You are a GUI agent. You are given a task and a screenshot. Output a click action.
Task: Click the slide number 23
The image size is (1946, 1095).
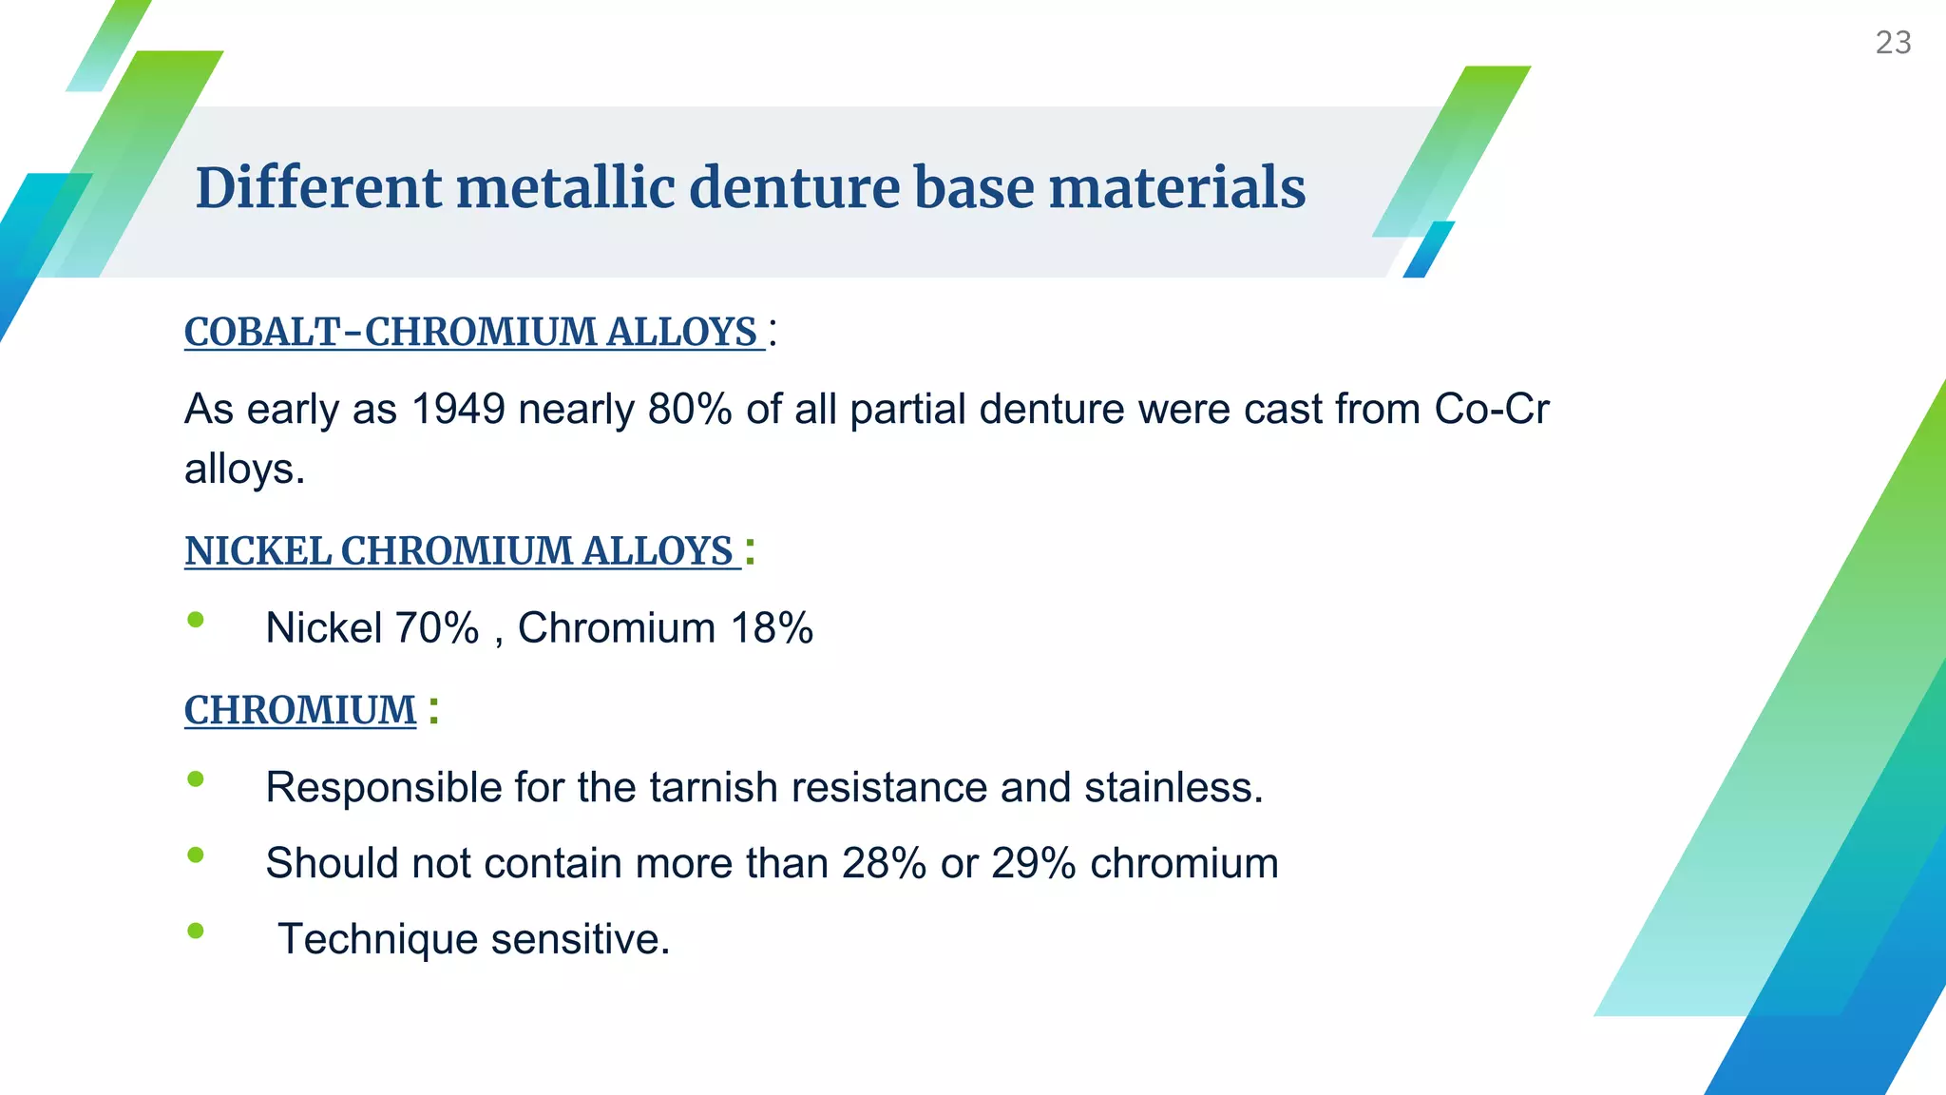tap(1893, 43)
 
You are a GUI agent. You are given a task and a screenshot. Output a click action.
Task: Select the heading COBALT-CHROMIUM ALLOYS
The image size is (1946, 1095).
tap(471, 332)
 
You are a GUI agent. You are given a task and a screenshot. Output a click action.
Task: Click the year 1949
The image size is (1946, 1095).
tap(458, 410)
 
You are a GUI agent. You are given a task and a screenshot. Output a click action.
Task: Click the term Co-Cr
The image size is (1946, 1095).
tap(1491, 410)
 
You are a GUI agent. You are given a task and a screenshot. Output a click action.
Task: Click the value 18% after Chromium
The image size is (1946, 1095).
tap(772, 628)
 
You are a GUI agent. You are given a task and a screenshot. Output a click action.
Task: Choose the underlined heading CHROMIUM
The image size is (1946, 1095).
tap(300, 710)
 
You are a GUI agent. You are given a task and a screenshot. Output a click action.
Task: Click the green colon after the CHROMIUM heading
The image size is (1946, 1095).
tap(433, 710)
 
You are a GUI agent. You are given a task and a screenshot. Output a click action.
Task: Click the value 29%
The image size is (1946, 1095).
tap(1033, 864)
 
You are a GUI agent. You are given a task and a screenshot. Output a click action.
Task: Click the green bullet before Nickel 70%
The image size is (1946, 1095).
tap(196, 621)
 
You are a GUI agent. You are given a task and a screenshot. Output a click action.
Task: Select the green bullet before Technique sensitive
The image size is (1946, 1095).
tap(196, 931)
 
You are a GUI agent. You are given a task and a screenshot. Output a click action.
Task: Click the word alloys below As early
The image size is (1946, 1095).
tap(243, 470)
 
